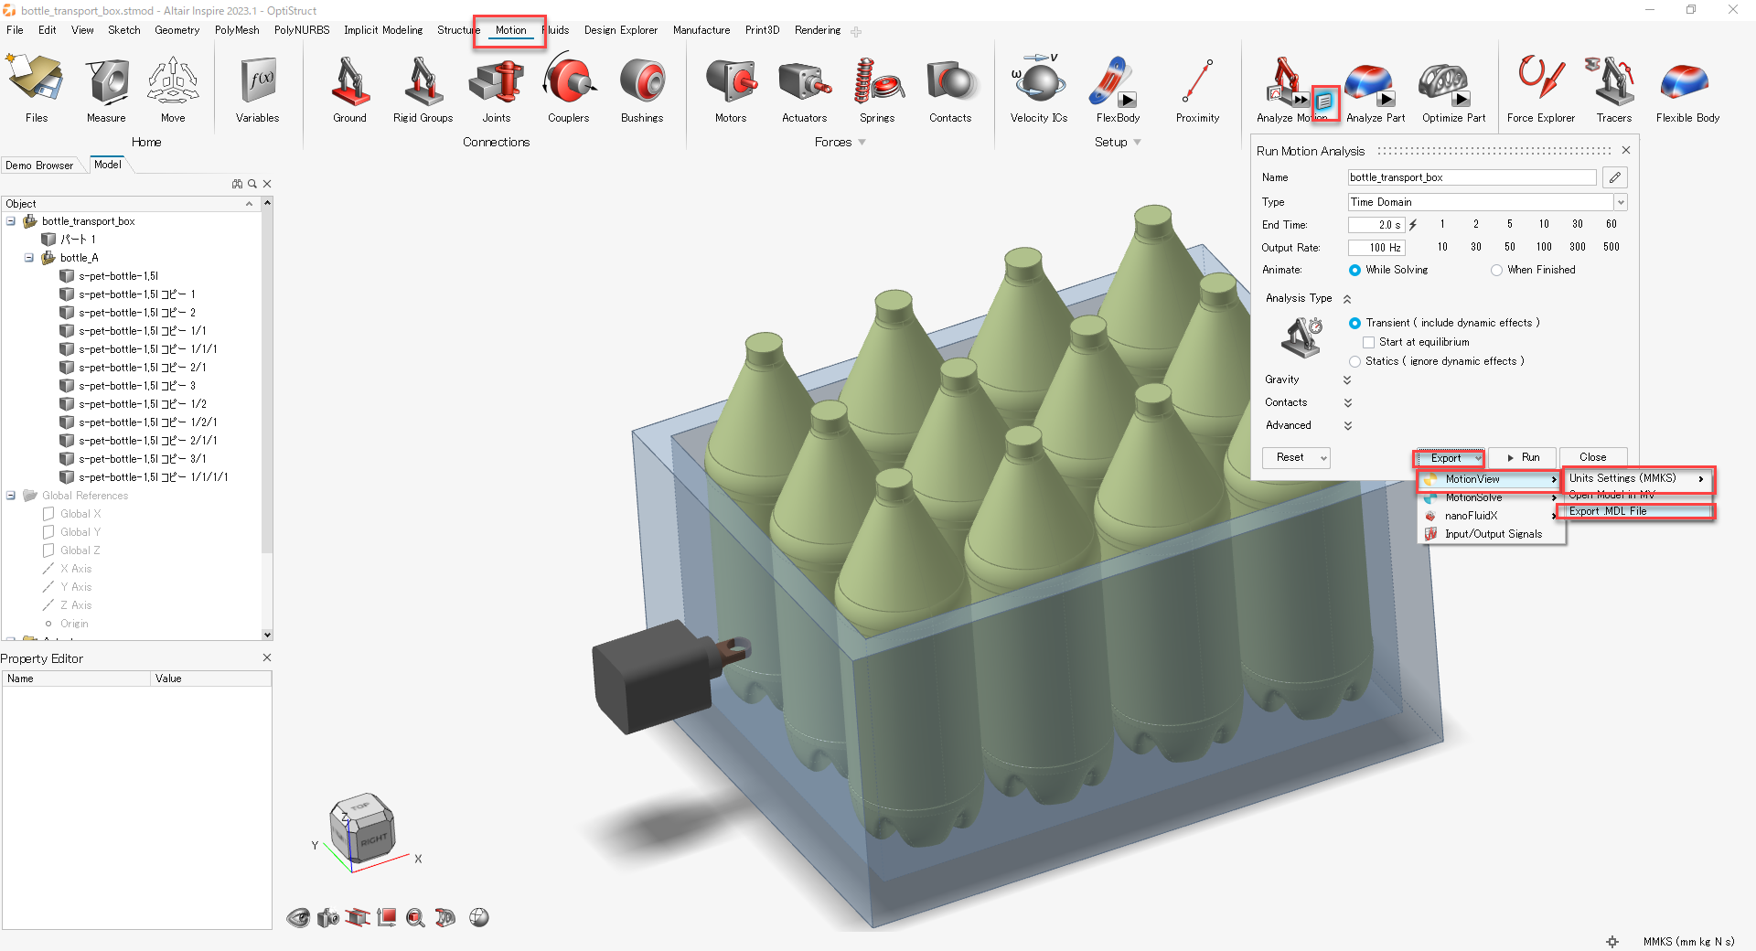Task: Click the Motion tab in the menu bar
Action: [x=510, y=30]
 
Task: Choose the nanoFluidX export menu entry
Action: [x=1472, y=516]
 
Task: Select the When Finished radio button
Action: [x=1496, y=271]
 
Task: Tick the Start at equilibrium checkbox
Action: [x=1369, y=342]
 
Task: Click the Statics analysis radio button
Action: [x=1354, y=362]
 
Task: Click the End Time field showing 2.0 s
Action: [x=1376, y=225]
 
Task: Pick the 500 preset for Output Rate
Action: [x=1611, y=247]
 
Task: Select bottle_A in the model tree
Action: [x=80, y=258]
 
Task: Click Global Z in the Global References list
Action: [x=80, y=550]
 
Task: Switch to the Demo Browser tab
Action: [x=39, y=166]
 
